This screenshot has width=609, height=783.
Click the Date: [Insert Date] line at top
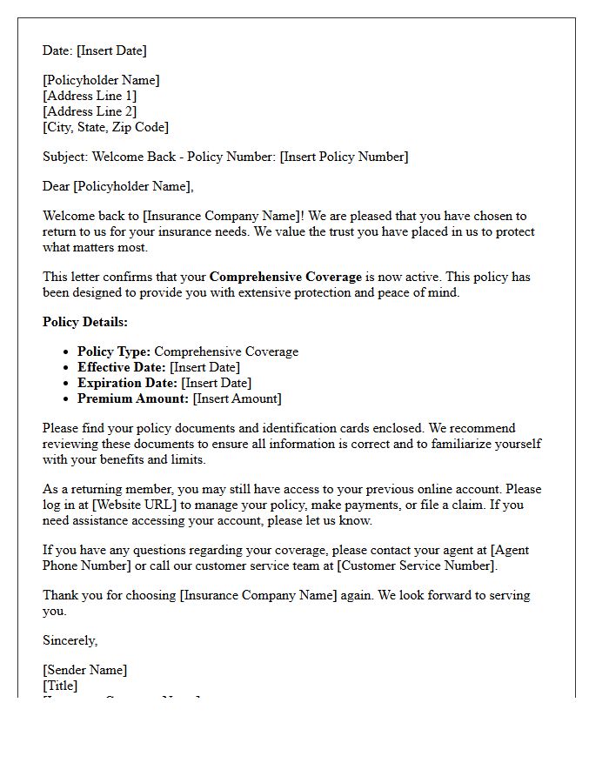pos(95,50)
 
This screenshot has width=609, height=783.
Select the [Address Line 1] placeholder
pos(90,96)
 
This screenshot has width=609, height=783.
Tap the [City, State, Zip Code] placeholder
pos(105,127)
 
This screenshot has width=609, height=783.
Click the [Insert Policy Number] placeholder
pos(344,157)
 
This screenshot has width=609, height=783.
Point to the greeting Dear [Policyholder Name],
pos(118,185)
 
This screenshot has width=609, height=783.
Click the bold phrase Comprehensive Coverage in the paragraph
pos(285,277)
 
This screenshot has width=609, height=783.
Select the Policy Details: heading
pos(85,322)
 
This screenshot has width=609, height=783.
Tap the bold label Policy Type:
pos(114,351)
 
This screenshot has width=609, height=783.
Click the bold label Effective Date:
pos(122,367)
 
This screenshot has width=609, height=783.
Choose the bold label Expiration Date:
pos(127,383)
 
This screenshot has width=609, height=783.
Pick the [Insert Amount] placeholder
pos(237,398)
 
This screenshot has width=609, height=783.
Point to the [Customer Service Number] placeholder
pos(417,565)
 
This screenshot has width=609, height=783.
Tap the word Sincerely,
pos(70,640)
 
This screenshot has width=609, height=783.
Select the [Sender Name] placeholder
pos(85,670)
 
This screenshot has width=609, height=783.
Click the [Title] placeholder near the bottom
pos(60,686)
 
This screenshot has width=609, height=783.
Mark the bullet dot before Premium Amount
pos(67,399)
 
